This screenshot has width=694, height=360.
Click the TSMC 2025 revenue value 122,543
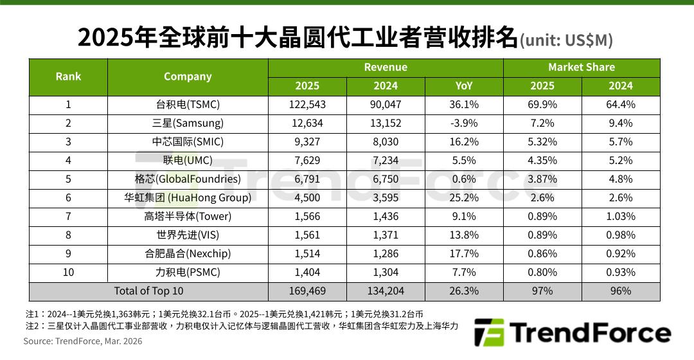pyautogui.click(x=307, y=105)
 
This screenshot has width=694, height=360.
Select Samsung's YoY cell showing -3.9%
pyautogui.click(x=464, y=123)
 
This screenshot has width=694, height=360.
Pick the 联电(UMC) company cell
pyautogui.click(x=188, y=161)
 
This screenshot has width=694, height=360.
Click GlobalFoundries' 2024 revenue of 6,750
pyautogui.click(x=386, y=179)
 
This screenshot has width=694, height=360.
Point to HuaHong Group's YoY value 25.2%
pyautogui.click(x=464, y=198)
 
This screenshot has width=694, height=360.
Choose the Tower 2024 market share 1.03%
pyautogui.click(x=621, y=217)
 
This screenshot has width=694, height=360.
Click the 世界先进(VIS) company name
pyautogui.click(x=188, y=235)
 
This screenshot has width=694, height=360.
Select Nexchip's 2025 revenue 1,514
pyautogui.click(x=307, y=254)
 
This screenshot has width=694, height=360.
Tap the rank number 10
pyautogui.click(x=68, y=273)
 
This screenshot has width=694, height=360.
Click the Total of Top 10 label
pyautogui.click(x=148, y=291)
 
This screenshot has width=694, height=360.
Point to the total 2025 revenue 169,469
pyautogui.click(x=307, y=291)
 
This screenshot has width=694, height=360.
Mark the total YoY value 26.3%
pyautogui.click(x=464, y=291)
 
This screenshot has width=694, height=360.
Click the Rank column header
pyautogui.click(x=68, y=76)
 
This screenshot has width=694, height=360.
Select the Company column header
pyautogui.click(x=188, y=76)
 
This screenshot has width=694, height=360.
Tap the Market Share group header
pyautogui.click(x=582, y=67)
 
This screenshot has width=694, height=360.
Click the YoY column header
pyautogui.click(x=464, y=86)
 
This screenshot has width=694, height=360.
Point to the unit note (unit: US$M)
pyautogui.click(x=566, y=40)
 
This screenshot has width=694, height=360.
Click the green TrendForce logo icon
pyautogui.click(x=488, y=333)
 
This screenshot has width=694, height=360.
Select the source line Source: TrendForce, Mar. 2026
pyautogui.click(x=83, y=341)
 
